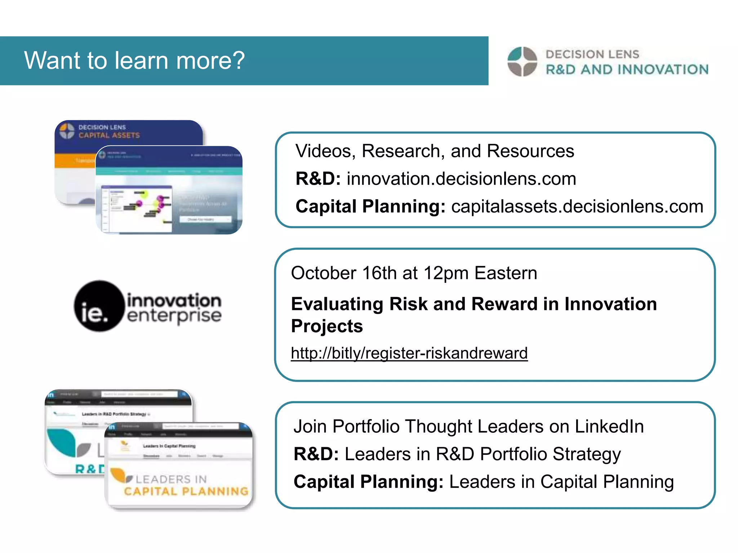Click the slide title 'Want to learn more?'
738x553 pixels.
coord(134,60)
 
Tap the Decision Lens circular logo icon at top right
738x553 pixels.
coord(522,62)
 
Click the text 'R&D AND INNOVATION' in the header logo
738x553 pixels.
coord(627,69)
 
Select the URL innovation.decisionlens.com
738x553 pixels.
coord(461,179)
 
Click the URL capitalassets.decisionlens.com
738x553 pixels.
coord(577,207)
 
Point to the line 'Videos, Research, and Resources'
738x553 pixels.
coord(435,151)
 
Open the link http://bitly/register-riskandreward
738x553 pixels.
coord(409,353)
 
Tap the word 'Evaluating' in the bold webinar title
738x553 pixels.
coord(337,304)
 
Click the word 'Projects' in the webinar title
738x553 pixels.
coord(327,326)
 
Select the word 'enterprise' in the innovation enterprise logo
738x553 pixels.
coord(174,316)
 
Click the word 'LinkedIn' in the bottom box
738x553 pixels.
coord(609,427)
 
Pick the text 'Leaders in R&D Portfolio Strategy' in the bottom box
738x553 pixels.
coord(483,454)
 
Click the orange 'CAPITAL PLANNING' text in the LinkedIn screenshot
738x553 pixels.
coord(186,491)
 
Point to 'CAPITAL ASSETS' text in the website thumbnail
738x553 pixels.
coord(109,135)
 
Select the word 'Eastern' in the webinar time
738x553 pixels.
coord(506,273)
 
